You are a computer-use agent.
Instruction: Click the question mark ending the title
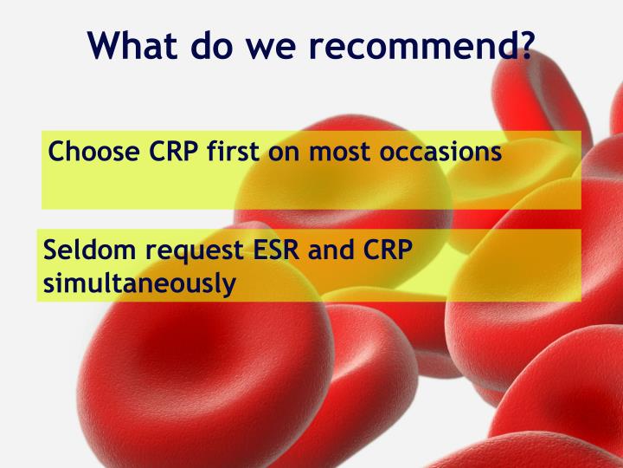[x=522, y=45]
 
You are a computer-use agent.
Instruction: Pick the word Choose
[x=93, y=152]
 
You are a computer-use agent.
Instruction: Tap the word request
[x=192, y=251]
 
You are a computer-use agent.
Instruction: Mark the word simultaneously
[x=139, y=282]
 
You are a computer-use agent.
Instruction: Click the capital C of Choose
[x=57, y=152]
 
